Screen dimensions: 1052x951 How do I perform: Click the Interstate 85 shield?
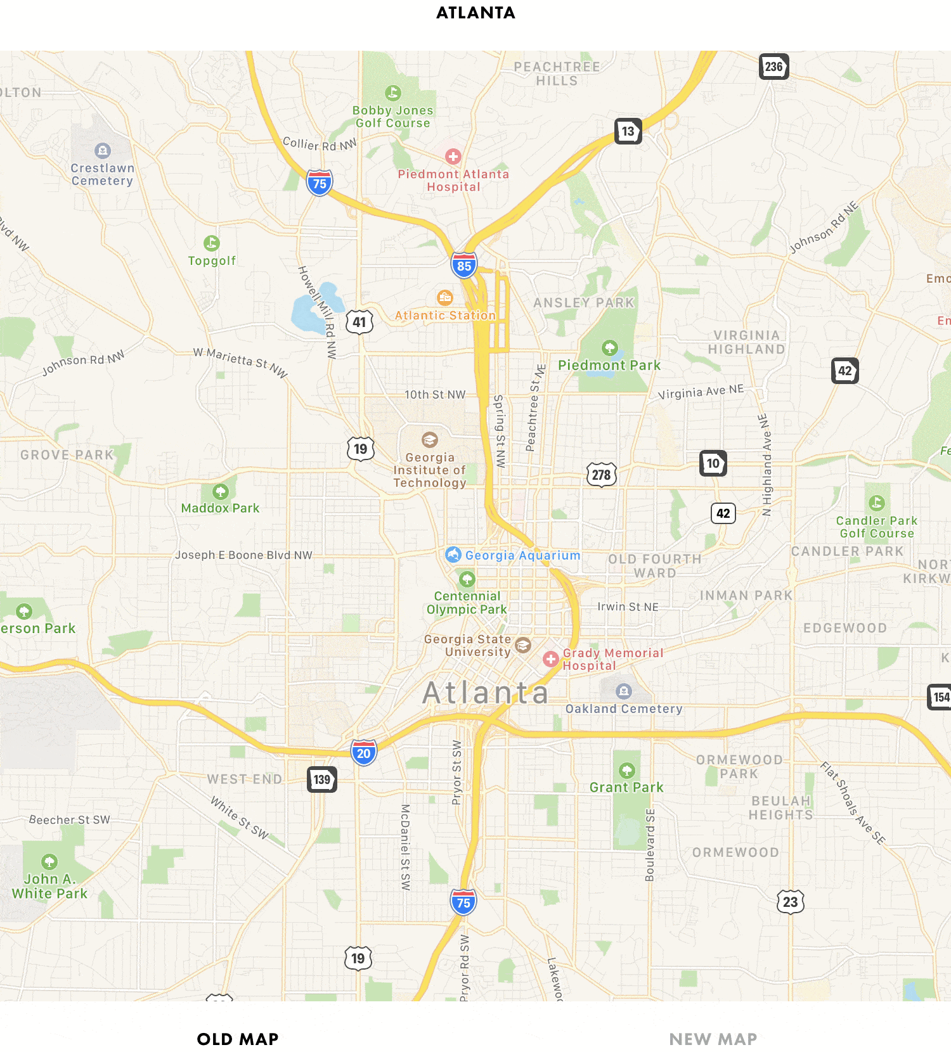tap(464, 266)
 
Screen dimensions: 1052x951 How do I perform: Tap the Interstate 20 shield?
tap(363, 753)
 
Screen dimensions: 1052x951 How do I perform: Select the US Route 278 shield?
tap(601, 474)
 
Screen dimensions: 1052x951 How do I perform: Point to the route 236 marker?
tap(773, 67)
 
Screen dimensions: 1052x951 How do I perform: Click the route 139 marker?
tap(322, 779)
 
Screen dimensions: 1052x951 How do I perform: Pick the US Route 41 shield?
tap(359, 322)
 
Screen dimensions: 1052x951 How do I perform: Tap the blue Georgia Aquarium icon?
tap(453, 555)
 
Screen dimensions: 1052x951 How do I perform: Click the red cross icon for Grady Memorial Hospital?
tap(551, 659)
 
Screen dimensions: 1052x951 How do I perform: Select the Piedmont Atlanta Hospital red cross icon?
tap(453, 157)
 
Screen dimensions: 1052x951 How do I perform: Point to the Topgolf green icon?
tap(212, 243)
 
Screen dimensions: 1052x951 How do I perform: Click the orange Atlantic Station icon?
tap(445, 297)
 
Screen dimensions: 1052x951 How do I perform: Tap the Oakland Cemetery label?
tap(624, 709)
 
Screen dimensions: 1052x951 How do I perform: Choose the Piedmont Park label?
tap(609, 365)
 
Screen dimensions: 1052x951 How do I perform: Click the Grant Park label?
tap(626, 787)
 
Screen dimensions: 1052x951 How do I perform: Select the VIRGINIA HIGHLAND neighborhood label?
tap(746, 342)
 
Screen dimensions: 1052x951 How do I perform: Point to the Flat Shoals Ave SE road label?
tap(852, 803)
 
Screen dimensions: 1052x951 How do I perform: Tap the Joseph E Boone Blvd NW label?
tap(244, 555)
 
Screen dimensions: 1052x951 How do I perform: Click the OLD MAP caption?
tap(238, 1039)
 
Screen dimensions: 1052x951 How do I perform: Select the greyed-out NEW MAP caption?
tap(713, 1039)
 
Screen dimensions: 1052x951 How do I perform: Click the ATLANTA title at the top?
tap(475, 13)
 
